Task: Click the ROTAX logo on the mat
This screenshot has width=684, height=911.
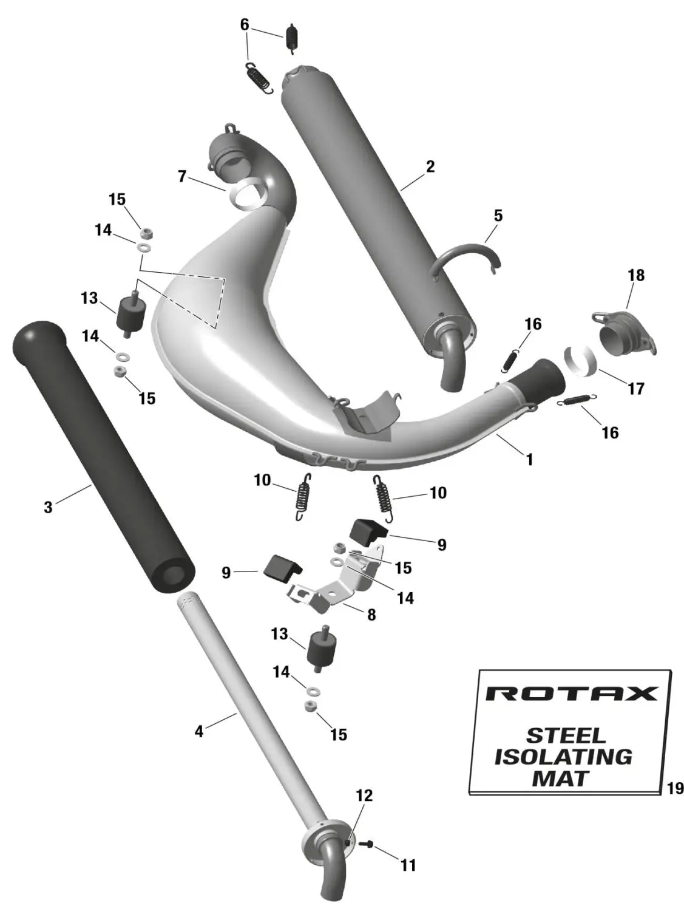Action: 572,694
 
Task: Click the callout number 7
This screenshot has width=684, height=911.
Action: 182,176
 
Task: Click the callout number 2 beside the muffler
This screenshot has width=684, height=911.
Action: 430,167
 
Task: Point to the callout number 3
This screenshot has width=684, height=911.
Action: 49,507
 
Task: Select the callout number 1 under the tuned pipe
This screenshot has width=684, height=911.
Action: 529,459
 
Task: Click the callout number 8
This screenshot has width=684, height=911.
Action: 371,614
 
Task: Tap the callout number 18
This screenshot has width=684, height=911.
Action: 636,275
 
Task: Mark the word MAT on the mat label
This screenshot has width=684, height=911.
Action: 561,779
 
